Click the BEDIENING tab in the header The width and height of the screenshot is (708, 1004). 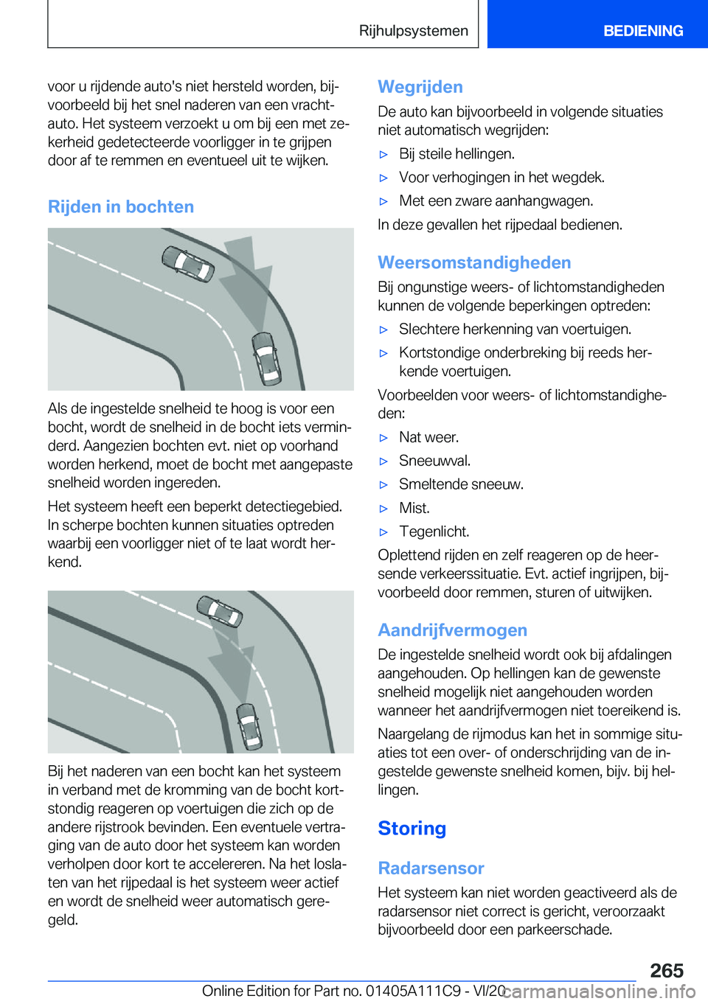pos(642,31)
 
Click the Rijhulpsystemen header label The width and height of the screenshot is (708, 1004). pos(413,31)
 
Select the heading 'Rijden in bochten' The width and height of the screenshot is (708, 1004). pos(121,207)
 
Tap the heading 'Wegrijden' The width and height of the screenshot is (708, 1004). pos(420,87)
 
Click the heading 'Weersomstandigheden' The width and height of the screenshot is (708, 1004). pos(474,262)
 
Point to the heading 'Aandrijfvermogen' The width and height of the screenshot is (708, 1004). pos(452,630)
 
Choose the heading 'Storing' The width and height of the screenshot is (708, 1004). pos(412,829)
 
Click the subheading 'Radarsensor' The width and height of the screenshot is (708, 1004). pos(431,868)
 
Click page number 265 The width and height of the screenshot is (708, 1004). pos(667,970)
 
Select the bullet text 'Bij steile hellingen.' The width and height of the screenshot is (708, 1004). pos(457,154)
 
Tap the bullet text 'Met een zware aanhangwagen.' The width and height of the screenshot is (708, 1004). pos(496,201)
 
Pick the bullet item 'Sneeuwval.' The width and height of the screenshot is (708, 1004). pos(434,461)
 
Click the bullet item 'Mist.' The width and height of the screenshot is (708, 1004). pos(414,508)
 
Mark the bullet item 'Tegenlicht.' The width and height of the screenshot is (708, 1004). pos(434,531)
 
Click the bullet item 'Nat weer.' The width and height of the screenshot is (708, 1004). pos(428,437)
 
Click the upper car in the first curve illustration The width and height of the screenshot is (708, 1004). pos(187,263)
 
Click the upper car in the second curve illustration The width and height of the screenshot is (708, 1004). pos(219,610)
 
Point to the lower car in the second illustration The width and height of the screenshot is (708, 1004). pos(248,725)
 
